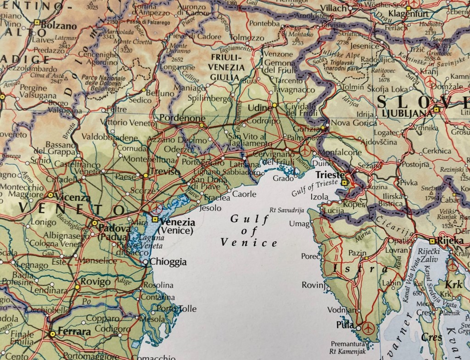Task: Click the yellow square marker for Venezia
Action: click(155, 220)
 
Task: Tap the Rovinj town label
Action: click(313, 285)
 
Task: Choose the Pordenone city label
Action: click(182, 118)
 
